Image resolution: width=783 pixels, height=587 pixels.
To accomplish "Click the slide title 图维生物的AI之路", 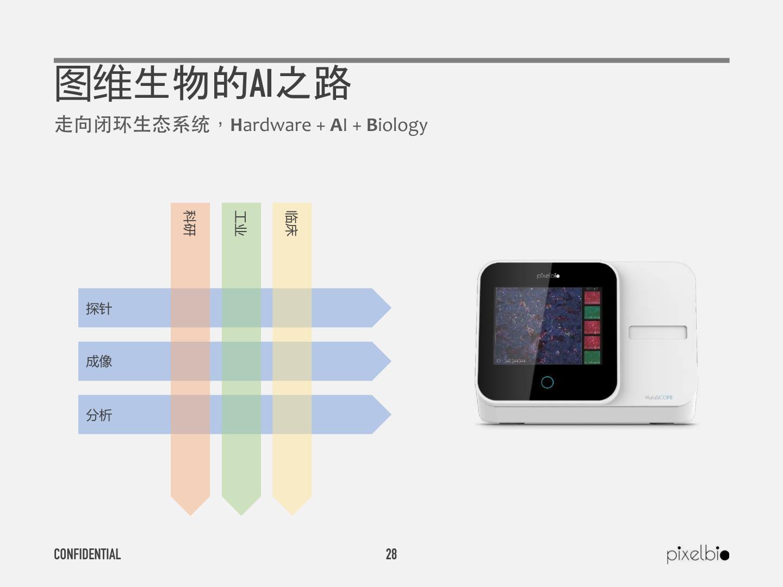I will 202,83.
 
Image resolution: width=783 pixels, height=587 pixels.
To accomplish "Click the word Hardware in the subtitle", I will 271,125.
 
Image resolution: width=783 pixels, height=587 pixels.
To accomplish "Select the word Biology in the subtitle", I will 397,125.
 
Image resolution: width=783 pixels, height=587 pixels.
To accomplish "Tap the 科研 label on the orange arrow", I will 190,223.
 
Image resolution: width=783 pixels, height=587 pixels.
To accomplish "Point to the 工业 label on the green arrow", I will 241,223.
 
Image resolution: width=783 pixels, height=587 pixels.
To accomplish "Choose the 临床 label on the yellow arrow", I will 291,223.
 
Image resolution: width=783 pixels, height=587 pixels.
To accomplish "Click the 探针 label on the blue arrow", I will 99,308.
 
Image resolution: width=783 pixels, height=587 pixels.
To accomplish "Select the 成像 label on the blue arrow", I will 99,361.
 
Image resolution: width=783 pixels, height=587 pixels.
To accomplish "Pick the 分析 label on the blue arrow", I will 99,415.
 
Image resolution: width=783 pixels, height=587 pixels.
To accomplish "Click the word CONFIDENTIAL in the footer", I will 87,554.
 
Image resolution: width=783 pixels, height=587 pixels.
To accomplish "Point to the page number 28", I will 391,554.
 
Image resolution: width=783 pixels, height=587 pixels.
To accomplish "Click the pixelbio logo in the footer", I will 698,554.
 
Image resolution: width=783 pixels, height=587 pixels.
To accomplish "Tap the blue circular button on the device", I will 548,382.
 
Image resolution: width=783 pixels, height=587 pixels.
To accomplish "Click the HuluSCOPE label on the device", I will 659,397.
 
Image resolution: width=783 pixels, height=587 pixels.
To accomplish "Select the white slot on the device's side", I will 657,332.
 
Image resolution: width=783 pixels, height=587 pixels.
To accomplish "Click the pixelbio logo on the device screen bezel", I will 548,276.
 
